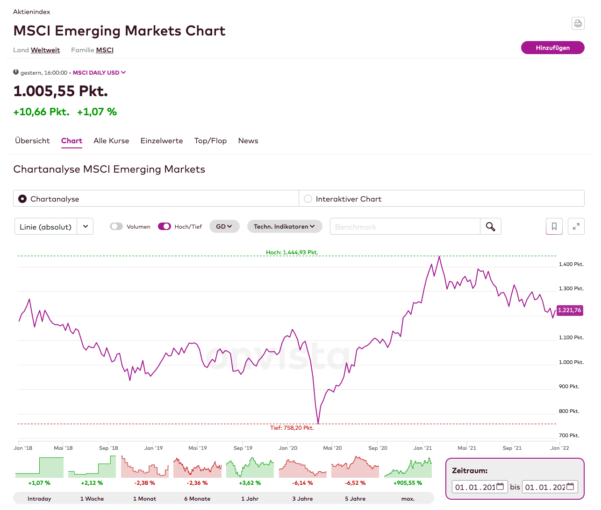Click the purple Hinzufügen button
[552, 48]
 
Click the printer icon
[578, 23]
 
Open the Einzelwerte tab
[162, 141]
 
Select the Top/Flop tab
[210, 141]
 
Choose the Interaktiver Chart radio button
[308, 199]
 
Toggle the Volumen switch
[116, 227]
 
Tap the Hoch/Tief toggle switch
[165, 227]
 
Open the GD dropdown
[224, 227]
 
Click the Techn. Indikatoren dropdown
[284, 227]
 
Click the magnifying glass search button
[490, 227]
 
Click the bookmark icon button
[554, 227]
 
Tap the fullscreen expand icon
[576, 227]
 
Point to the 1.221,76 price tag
[570, 310]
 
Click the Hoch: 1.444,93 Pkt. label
[292, 252]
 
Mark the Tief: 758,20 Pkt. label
[292, 428]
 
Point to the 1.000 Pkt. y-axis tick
[571, 362]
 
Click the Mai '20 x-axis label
[332, 448]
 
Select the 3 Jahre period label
[302, 499]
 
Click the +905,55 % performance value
[408, 483]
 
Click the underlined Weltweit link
[45, 50]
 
